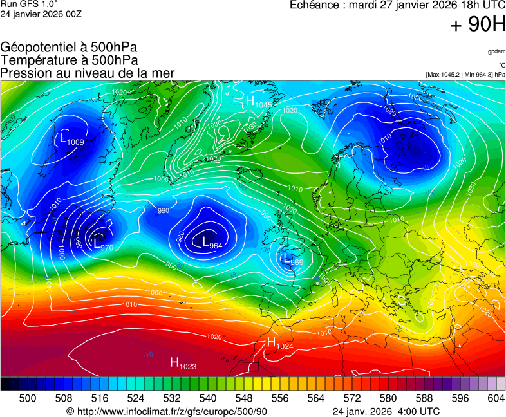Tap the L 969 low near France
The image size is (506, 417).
click(292, 260)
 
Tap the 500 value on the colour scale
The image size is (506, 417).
click(27, 399)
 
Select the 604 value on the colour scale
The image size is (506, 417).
click(496, 399)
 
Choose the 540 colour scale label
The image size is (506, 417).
click(208, 399)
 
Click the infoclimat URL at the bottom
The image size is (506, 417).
click(167, 411)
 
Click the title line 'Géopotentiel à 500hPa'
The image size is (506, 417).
click(69, 48)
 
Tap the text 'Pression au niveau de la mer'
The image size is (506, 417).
click(88, 73)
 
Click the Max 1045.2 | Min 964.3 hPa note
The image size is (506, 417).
click(465, 75)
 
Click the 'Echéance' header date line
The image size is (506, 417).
click(397, 5)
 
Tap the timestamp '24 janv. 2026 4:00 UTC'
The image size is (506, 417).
click(386, 411)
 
